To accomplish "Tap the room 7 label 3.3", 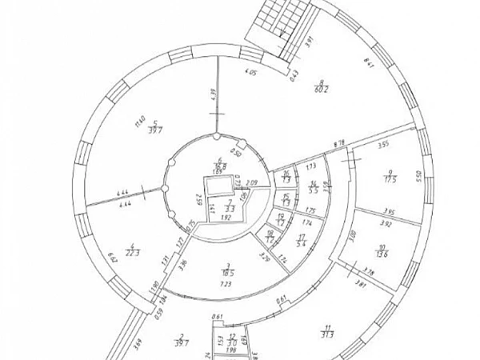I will click(x=230, y=207).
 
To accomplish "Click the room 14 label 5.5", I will click(x=314, y=191).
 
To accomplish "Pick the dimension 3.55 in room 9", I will click(x=383, y=146).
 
